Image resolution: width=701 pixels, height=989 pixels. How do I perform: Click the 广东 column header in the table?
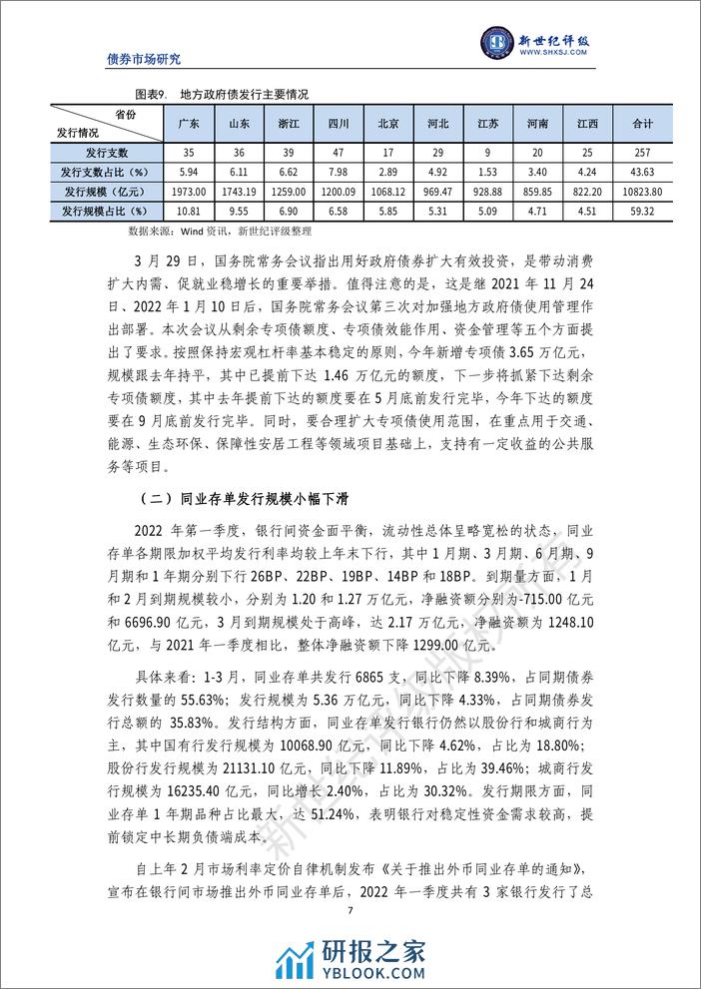pos(189,124)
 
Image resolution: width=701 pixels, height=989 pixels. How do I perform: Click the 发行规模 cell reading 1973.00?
pos(189,191)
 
